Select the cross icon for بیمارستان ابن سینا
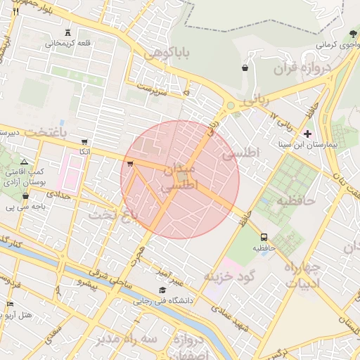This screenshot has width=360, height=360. [307, 134]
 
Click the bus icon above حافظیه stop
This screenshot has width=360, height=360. [264, 237]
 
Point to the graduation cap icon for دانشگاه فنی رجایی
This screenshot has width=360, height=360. [162, 290]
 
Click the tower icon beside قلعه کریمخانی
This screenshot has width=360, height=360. [67, 32]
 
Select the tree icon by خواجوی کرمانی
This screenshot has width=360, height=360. [353, 33]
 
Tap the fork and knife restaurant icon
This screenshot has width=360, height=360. [15, 11]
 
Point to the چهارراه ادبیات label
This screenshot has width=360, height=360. [302, 276]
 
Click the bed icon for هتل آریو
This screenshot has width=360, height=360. [10, 304]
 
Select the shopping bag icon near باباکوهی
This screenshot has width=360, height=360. [244, 68]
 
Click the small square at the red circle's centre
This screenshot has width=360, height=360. [181, 177]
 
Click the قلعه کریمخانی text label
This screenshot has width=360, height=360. [69, 44]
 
